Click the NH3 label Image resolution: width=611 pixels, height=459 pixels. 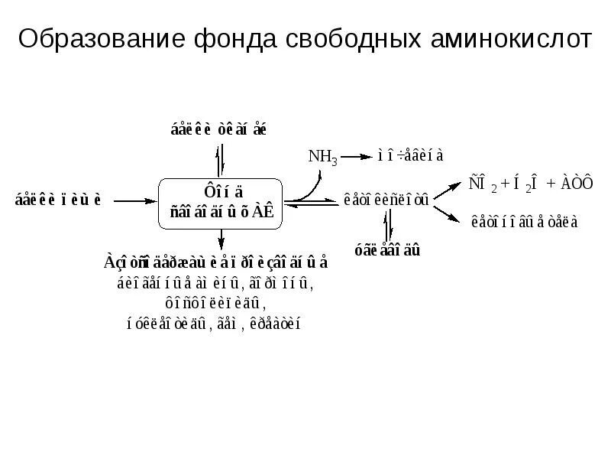point(322,157)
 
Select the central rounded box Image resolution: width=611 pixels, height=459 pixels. point(221,203)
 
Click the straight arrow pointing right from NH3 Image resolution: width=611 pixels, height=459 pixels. point(356,157)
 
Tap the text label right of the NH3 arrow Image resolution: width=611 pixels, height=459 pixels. point(410,155)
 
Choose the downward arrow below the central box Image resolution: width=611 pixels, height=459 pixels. point(221,241)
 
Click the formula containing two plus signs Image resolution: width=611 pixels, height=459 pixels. point(530,184)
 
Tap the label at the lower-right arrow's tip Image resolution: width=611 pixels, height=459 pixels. point(525,223)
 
